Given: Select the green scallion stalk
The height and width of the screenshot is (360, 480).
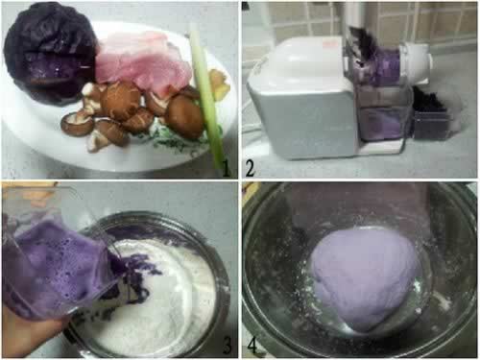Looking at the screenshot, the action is point(207,96).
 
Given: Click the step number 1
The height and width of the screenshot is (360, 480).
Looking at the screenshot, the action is point(226,168).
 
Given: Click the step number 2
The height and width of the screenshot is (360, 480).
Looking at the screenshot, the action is point(250,168).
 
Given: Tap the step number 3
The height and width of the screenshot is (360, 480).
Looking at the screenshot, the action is point(227,345).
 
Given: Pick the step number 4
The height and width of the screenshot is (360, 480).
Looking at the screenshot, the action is point(252,345).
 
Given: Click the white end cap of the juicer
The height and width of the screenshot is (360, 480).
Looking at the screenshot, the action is point(416,62).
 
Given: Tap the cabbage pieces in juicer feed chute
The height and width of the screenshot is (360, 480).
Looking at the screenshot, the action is point(362,45).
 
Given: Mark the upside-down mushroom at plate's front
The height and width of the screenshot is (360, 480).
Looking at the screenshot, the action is point(77,123).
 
